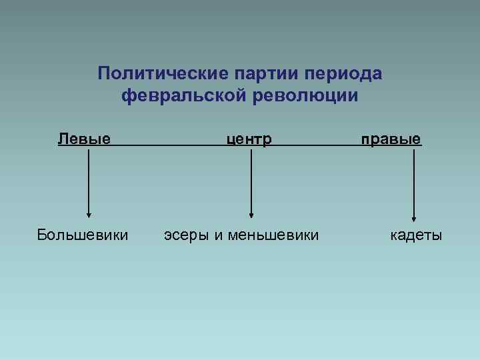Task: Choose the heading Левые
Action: [x=84, y=139]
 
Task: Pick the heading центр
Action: [x=249, y=139]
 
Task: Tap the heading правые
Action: [x=391, y=139]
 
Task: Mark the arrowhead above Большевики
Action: [x=88, y=214]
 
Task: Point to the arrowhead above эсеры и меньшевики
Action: [x=251, y=215]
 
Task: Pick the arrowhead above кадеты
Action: [x=414, y=217]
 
